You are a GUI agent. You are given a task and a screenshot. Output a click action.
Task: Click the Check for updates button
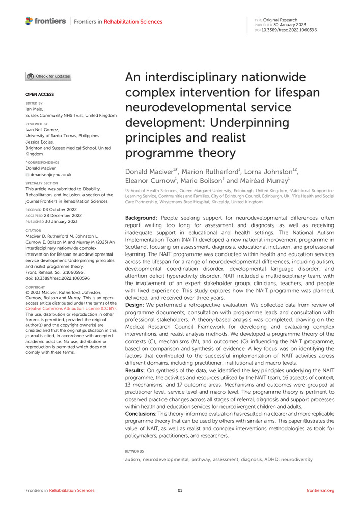[x=48, y=77]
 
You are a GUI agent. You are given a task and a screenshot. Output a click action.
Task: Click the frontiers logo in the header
[x=46, y=21]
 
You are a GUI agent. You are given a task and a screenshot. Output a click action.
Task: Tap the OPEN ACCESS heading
[x=40, y=95]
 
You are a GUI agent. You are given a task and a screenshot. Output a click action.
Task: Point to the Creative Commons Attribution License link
[x=71, y=308]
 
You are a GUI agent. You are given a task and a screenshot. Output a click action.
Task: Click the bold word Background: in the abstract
[x=143, y=218]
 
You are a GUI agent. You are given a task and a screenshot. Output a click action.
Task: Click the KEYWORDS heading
[x=134, y=451]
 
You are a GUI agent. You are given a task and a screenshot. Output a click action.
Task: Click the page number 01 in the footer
[x=180, y=490]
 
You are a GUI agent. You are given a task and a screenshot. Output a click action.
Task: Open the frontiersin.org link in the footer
[x=320, y=490]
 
